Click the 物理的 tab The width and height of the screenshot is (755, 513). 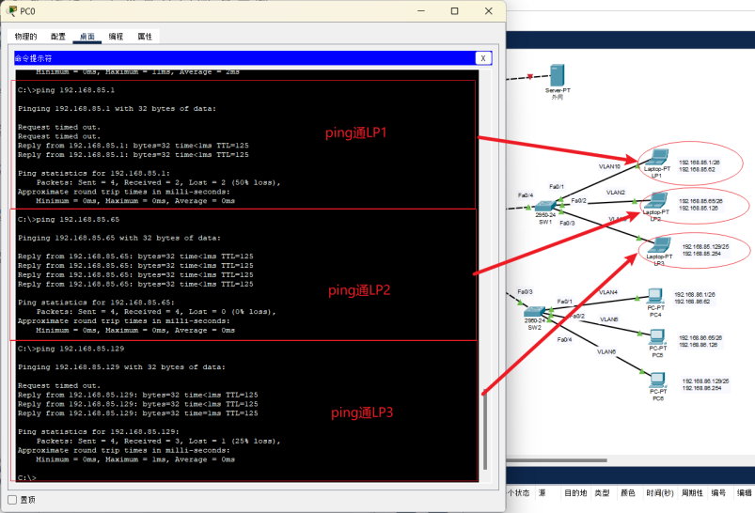25,37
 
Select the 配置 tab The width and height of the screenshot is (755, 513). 57,37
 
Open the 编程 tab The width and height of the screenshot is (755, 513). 116,37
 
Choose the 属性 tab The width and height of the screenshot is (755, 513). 145,37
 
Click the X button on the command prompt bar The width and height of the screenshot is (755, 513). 483,58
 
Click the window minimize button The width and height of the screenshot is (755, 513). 426,11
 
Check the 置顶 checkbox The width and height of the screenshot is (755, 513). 12,500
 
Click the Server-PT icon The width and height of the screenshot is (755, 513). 558,75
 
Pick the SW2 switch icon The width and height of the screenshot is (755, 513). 534,313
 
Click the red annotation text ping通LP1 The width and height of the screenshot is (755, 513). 356,132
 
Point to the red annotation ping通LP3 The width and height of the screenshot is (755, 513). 362,412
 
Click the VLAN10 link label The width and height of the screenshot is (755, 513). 610,165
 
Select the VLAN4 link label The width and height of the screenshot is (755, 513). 608,292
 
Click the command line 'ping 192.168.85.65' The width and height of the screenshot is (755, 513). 69,219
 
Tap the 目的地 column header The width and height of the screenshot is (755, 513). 576,493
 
